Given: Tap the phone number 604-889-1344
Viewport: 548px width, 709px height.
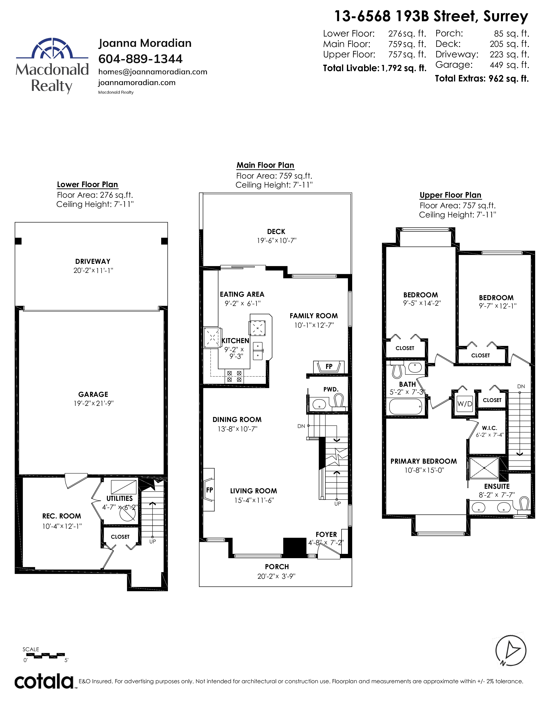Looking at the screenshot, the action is click(140, 59).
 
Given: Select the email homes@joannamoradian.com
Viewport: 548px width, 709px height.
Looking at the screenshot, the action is click(153, 72).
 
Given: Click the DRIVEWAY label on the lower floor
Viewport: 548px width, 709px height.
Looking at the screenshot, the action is click(93, 261).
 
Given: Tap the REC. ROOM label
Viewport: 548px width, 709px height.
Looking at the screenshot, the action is click(62, 516).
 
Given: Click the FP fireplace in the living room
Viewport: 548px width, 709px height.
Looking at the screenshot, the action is click(209, 490).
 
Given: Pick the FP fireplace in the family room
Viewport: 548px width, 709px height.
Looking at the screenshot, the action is click(329, 367).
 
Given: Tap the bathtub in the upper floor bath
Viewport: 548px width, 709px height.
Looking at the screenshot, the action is click(406, 406).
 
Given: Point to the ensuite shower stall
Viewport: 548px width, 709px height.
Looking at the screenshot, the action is click(484, 468).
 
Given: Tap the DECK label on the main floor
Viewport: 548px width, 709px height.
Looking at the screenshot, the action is click(276, 231).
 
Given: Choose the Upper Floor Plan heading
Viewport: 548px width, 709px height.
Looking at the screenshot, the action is click(450, 195).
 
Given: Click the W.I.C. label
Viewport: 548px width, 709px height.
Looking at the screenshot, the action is click(489, 428).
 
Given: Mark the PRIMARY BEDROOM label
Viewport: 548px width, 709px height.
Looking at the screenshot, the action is click(423, 461).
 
